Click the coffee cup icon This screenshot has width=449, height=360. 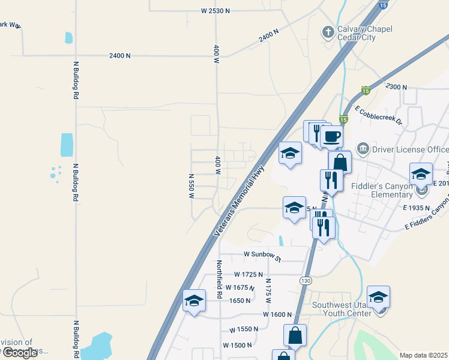(x=331, y=136)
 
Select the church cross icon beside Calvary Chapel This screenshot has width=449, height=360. (x=328, y=31)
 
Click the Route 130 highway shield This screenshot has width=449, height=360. (x=306, y=280)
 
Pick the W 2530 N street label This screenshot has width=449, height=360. (x=215, y=11)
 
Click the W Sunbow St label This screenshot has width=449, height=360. (x=262, y=254)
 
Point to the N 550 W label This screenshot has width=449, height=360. (x=191, y=186)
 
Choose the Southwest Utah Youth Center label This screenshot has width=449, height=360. (x=342, y=308)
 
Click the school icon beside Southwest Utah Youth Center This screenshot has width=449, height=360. (x=379, y=297)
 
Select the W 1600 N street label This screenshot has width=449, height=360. (x=277, y=314)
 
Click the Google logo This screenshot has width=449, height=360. (x=20, y=353)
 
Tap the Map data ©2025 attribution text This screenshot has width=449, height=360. (x=424, y=355)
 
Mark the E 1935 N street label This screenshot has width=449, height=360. (x=417, y=207)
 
